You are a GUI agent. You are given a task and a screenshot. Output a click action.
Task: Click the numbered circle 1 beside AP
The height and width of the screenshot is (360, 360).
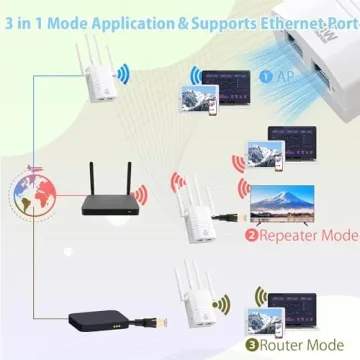tap(265, 75)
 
